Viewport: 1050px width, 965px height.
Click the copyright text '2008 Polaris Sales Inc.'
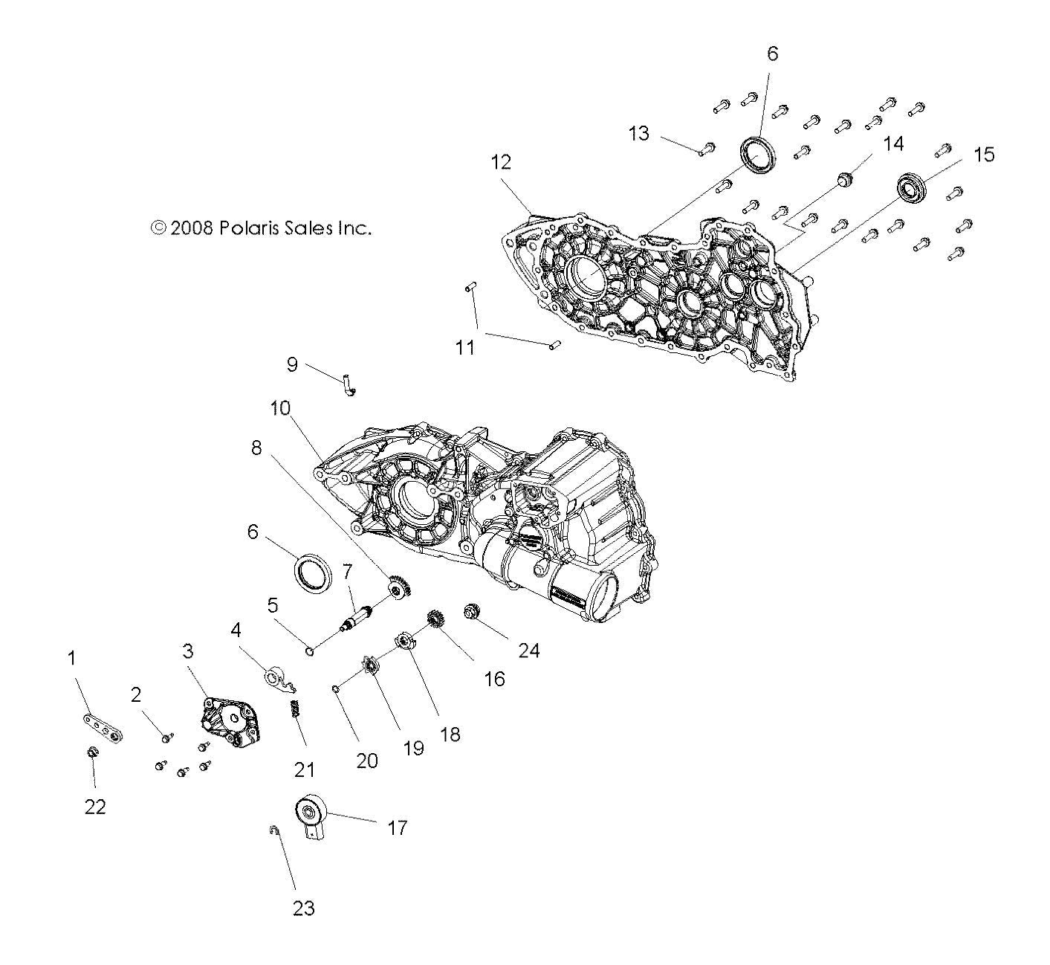[261, 228]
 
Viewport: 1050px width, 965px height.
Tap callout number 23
[303, 908]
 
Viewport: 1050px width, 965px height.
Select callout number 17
[398, 827]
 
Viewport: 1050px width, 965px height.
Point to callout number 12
[501, 162]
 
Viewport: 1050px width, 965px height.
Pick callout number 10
[280, 408]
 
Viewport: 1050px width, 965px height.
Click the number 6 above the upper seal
[772, 54]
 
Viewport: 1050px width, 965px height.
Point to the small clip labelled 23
[273, 830]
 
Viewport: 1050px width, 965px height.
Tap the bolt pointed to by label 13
[705, 149]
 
